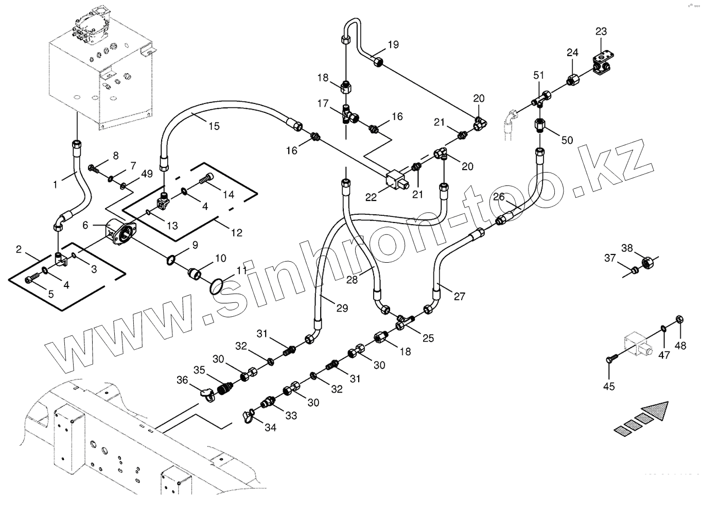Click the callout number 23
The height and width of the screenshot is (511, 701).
[x=601, y=32]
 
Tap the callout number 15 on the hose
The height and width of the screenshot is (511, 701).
[x=214, y=126]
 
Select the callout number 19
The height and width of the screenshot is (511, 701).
[x=393, y=45]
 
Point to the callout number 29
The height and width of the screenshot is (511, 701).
[x=342, y=308]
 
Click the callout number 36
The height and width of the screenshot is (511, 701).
[x=182, y=380]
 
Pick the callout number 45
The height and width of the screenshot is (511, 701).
[x=609, y=386]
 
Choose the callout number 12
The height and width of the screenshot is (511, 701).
[x=236, y=233]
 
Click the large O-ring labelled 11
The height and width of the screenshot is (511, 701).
[x=218, y=286]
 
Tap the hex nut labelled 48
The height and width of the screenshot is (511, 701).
[x=678, y=320]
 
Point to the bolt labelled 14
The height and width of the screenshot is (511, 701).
[x=205, y=180]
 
